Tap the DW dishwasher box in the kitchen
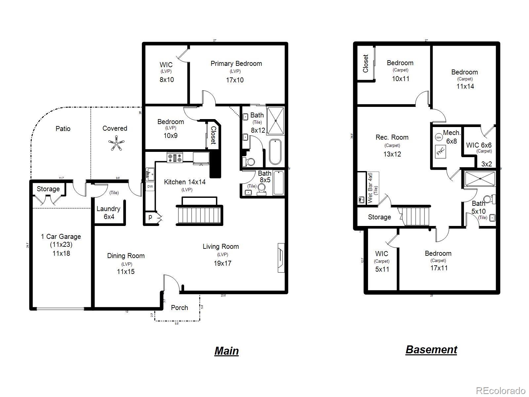tap(150, 187)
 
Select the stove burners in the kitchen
tap(175, 157)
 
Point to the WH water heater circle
tap(438, 137)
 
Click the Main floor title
tap(226, 351)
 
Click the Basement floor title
tap(431, 349)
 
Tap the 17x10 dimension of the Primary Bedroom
tap(235, 80)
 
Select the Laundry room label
tap(108, 209)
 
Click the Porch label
tap(180, 308)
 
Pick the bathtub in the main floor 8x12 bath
tap(275, 152)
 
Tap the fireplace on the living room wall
tap(281, 258)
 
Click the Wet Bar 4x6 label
tap(370, 188)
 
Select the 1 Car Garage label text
tap(61, 237)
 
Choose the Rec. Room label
tap(392, 137)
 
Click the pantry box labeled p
tap(150, 217)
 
